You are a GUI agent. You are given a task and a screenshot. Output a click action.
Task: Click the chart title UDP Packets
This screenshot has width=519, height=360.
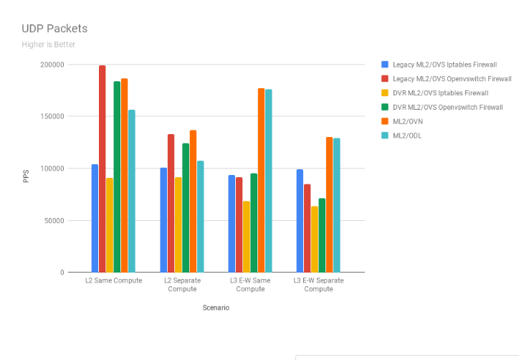[x=54, y=29]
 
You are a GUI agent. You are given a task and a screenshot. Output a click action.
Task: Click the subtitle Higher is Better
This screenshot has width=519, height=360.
[x=48, y=44]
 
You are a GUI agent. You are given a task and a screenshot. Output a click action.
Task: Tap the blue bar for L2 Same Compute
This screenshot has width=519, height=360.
[x=95, y=218]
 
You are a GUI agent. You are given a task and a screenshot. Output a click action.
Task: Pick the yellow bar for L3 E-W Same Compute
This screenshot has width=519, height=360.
[x=247, y=237]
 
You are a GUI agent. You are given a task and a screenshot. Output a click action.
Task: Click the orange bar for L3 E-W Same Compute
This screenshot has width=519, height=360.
[x=262, y=180]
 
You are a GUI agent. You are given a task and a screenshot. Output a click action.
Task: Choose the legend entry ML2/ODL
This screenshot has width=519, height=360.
[x=406, y=136]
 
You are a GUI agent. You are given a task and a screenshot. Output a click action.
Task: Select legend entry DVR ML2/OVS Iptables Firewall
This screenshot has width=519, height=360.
[x=440, y=93]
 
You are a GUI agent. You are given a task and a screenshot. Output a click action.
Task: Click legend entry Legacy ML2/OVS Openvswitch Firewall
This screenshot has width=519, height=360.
[x=452, y=78]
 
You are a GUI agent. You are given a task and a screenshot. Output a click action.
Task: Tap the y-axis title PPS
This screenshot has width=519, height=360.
[x=27, y=176]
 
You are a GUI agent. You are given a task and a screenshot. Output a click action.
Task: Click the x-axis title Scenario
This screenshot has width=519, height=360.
[x=215, y=308]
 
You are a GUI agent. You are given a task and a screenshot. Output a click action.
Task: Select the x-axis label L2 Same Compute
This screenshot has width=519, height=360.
[x=113, y=280]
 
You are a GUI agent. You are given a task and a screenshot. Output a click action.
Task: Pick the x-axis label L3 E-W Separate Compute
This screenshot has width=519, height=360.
[x=318, y=285]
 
